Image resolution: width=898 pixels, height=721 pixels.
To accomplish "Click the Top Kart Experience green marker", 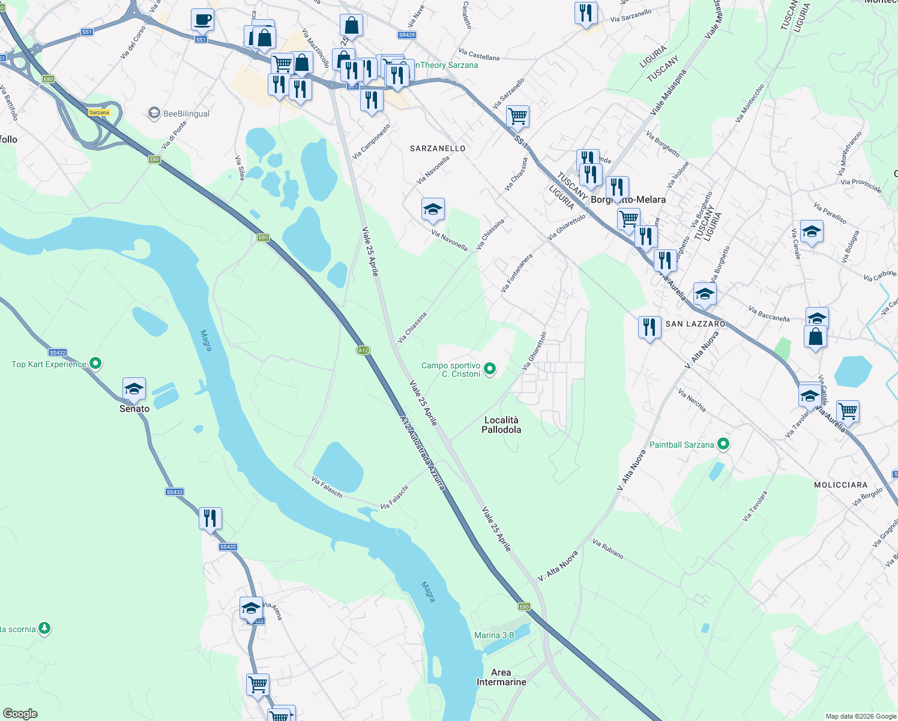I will pyautogui.click(x=95, y=364).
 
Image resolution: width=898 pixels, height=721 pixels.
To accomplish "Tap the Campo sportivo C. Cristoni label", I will pyautogui.click(x=451, y=370).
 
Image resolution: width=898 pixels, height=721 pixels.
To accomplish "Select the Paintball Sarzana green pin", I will pyautogui.click(x=723, y=445).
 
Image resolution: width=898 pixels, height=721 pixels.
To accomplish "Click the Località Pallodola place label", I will pyautogui.click(x=501, y=425).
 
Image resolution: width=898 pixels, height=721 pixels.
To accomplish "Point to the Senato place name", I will pyautogui.click(x=134, y=409).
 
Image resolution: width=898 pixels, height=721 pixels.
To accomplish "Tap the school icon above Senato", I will pyautogui.click(x=134, y=389).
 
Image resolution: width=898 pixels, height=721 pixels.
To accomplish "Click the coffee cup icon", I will pyautogui.click(x=202, y=19).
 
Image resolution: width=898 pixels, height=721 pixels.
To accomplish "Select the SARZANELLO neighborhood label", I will pyautogui.click(x=438, y=148).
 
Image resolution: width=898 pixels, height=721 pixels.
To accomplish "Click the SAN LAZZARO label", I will pyautogui.click(x=695, y=324).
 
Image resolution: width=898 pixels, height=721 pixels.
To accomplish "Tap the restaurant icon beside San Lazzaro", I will pyautogui.click(x=649, y=327).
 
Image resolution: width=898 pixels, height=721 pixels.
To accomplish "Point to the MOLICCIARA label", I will pyautogui.click(x=840, y=485).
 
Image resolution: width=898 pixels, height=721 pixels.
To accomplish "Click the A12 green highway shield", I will pyautogui.click(x=363, y=350).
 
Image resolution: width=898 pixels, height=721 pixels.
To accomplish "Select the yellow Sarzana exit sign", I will pyautogui.click(x=99, y=112).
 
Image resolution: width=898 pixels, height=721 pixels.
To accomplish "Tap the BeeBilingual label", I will pyautogui.click(x=186, y=114).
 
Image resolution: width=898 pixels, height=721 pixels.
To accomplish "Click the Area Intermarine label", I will pyautogui.click(x=501, y=677).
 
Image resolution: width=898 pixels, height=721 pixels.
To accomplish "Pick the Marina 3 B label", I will pyautogui.click(x=494, y=635).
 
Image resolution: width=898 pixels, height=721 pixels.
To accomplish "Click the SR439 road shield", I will pyautogui.click(x=406, y=35).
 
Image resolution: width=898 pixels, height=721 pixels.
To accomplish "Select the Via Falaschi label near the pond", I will pyautogui.click(x=327, y=487).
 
